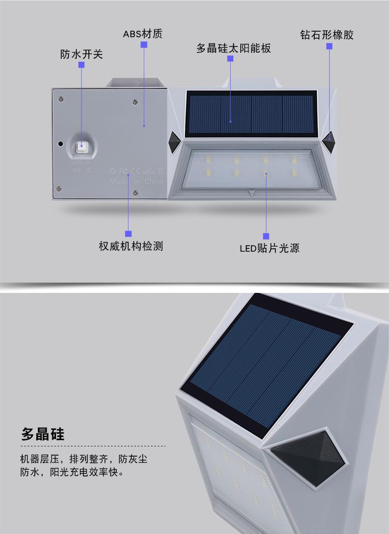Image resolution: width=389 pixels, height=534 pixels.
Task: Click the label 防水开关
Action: (x=81, y=54)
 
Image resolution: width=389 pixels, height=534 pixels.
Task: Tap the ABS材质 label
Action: (x=143, y=34)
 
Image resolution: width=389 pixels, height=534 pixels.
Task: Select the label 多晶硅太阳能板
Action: (x=233, y=48)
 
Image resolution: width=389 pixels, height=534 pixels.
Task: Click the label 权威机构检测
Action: (x=131, y=246)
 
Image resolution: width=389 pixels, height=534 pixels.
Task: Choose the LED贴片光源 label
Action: (x=269, y=248)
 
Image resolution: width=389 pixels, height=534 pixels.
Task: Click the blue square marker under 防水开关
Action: (x=81, y=65)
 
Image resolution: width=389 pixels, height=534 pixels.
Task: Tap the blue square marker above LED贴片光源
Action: (x=267, y=236)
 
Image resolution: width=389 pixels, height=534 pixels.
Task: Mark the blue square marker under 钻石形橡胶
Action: (x=329, y=46)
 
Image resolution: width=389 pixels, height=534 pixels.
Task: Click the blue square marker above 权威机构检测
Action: (x=129, y=234)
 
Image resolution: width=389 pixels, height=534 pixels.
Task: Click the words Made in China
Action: (x=136, y=182)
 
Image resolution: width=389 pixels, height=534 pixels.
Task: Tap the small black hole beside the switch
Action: (x=61, y=144)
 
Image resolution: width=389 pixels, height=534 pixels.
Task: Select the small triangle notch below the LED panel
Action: (x=252, y=191)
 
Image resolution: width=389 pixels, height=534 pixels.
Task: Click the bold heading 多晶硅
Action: (x=43, y=433)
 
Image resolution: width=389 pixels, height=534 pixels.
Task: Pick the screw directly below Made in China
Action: (x=136, y=193)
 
